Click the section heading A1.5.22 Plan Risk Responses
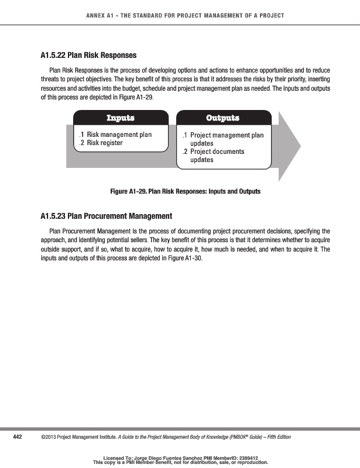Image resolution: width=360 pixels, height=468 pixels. point(88,56)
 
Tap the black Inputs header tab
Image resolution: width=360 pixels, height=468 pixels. point(121,118)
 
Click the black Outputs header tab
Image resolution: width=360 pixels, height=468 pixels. point(223,118)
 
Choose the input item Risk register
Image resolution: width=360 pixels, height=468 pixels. point(104,143)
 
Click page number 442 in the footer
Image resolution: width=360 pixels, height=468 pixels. point(17,437)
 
